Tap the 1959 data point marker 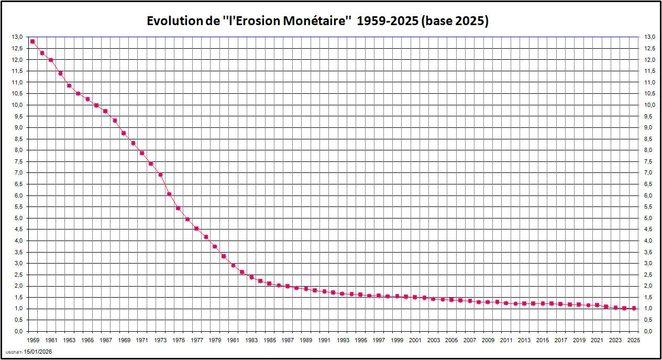(32, 41)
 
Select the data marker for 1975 (178, 208)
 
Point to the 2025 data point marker (634, 309)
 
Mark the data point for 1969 (124, 133)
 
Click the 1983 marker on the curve (251, 277)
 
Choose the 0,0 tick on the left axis (18, 331)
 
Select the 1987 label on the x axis (288, 340)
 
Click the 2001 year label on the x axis (415, 340)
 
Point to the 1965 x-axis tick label (87, 340)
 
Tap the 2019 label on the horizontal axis (579, 340)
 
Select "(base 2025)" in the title (455, 21)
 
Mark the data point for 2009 (488, 302)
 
